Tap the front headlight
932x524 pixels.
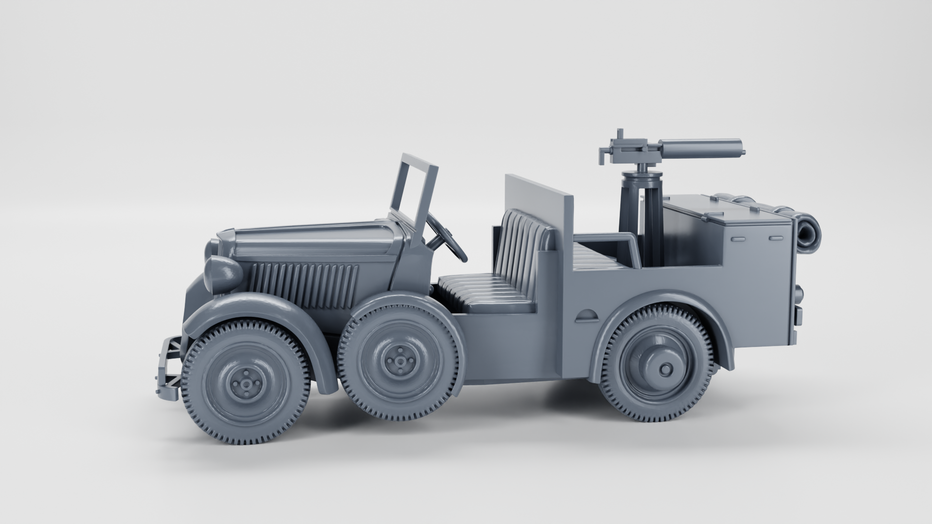[x=224, y=275]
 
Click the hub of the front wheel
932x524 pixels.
[x=247, y=384]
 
